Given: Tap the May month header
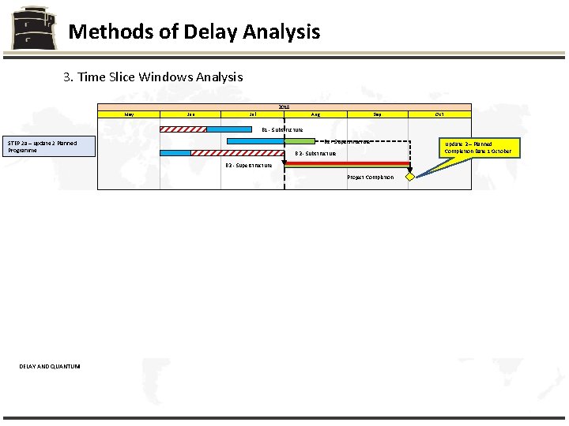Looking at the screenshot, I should tap(129, 114).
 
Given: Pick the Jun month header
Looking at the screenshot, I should tap(190, 114).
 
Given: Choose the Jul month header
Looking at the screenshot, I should tap(252, 114).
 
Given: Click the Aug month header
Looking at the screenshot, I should tap(315, 114).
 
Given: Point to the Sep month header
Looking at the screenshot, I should tap(377, 114).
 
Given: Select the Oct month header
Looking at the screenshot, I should tap(439, 114).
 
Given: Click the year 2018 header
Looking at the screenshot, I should tap(284, 106).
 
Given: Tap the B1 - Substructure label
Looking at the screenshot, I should tap(282, 129).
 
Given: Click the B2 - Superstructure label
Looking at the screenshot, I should tap(249, 166).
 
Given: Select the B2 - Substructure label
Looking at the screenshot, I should tap(315, 153).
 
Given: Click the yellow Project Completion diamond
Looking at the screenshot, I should tap(410, 177).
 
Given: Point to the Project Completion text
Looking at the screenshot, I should tap(371, 177).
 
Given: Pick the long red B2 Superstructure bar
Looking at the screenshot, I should tap(347, 163).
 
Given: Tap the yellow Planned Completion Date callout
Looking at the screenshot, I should tap(477, 148).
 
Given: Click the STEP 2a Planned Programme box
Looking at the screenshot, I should tap(50, 146).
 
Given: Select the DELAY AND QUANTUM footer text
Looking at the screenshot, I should tap(50, 365).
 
